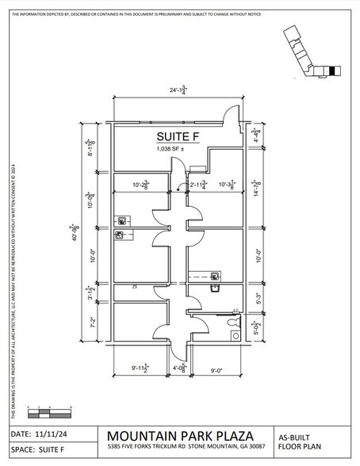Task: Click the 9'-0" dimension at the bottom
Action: (216, 369)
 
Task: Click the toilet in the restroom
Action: (233, 334)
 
